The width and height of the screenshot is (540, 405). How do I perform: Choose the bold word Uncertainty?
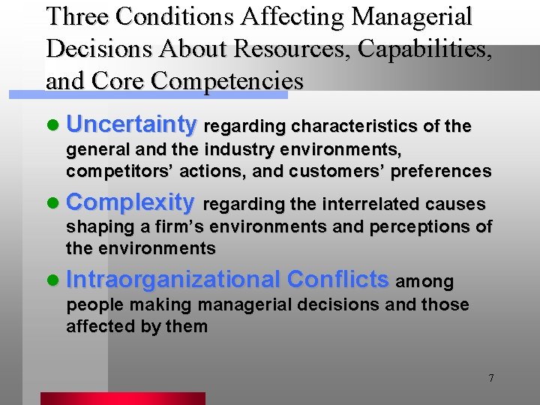click(131, 124)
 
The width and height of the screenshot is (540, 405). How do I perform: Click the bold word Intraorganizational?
click(173, 280)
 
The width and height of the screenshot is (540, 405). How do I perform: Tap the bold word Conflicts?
click(338, 280)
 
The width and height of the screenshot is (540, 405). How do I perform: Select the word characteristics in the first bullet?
click(360, 126)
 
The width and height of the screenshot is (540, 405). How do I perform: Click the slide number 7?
click(491, 378)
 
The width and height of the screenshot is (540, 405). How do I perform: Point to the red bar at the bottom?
click(122, 398)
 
